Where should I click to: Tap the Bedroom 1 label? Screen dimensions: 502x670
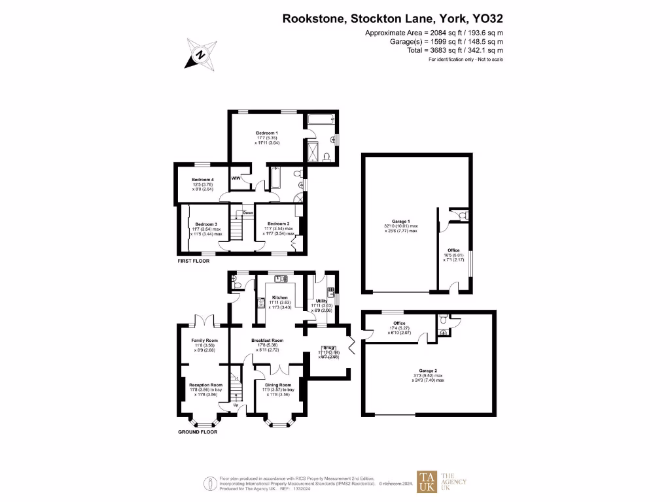tap(267, 133)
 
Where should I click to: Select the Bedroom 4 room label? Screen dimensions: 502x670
tap(203, 180)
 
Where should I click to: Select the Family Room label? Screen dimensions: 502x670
tap(204, 341)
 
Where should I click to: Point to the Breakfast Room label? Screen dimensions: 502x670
tap(268, 341)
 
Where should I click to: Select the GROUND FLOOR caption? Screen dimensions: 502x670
tap(198, 432)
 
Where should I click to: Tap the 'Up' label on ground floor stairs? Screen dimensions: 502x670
tap(236, 405)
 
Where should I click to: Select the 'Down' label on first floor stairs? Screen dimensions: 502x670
tap(248, 212)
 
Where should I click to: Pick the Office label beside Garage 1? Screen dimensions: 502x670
tap(453, 250)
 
